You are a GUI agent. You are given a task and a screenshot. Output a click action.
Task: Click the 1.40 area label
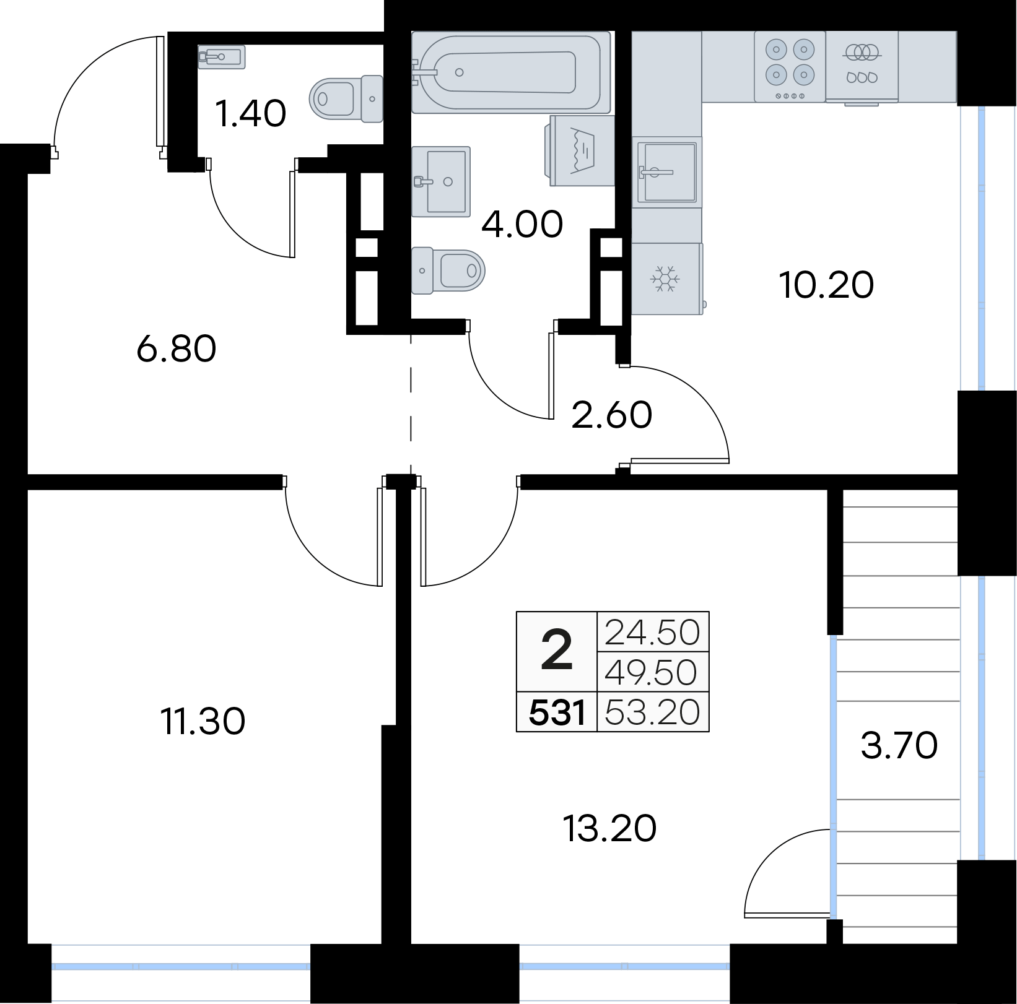pos(250,113)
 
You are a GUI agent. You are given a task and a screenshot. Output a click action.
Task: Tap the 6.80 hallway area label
pos(177,348)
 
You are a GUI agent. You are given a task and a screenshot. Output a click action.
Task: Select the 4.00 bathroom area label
pos(522,224)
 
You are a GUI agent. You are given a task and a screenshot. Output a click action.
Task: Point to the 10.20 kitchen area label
pos(826,285)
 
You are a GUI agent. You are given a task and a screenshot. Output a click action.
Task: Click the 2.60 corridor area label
pos(612,415)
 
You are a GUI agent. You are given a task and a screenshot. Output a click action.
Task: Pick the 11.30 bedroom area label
pos(203,721)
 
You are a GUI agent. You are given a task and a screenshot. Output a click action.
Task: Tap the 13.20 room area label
pos(610,828)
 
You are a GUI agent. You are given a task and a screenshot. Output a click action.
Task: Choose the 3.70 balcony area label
pos(899,745)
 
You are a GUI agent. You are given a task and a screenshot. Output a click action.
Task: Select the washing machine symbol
pos(580,150)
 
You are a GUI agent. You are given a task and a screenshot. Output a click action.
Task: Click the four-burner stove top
pos(790,66)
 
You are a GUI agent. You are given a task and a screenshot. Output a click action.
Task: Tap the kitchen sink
pos(667,171)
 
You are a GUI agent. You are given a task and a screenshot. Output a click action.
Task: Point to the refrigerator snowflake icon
pos(665,279)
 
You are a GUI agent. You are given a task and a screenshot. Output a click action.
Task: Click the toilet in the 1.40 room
pos(346,98)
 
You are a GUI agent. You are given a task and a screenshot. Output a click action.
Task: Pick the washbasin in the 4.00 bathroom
pos(441,181)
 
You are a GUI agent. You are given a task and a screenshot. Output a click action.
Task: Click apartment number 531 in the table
pos(557,712)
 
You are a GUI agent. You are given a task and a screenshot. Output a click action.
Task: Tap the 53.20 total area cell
pos(652,712)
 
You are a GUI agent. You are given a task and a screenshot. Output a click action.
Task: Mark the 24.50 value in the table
pos(652,632)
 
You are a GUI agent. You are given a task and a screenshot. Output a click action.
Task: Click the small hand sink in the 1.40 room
pos(222,57)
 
